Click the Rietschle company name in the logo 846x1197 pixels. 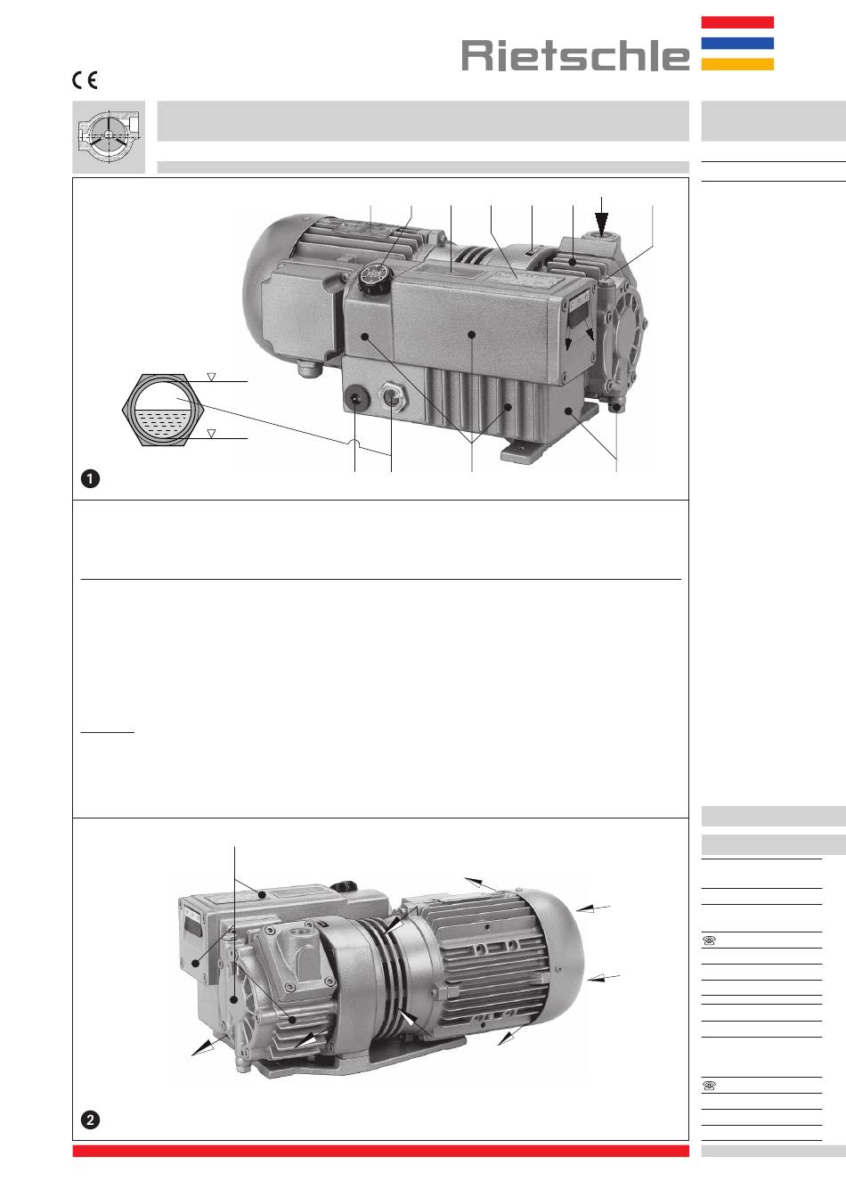[x=575, y=55]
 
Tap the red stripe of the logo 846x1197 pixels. [x=737, y=22]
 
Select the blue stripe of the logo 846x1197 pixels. [x=737, y=44]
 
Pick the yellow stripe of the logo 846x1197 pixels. [x=737, y=64]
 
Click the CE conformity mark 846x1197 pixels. [x=85, y=80]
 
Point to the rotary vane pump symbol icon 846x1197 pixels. [x=109, y=137]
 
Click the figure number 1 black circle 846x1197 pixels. [x=90, y=479]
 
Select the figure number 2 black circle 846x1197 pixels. [x=90, y=1120]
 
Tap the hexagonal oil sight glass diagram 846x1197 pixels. [x=163, y=410]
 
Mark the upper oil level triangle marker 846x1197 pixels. [x=211, y=378]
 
